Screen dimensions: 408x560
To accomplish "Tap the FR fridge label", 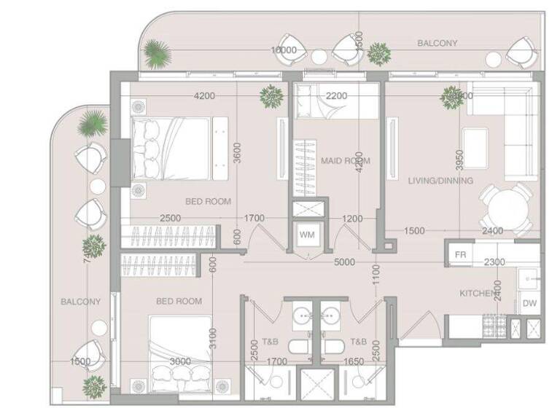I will (460, 255).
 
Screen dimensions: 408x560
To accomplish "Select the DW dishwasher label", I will (529, 305).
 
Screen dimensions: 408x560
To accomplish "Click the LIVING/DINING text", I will (440, 181).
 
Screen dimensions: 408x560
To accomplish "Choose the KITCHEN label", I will (478, 294).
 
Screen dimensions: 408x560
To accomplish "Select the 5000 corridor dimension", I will (344, 262).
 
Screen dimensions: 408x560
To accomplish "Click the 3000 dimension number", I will (179, 361).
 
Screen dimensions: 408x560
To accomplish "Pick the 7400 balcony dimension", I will (89, 251).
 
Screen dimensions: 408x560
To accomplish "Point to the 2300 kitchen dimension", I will (494, 262).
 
